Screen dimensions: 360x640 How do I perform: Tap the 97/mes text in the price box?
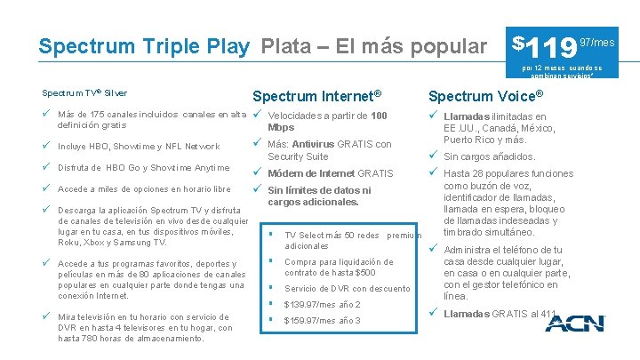pyautogui.click(x=596, y=42)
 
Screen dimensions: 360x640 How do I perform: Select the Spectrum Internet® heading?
pyautogui.click(x=316, y=96)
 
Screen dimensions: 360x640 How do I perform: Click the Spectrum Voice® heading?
pyautogui.click(x=485, y=95)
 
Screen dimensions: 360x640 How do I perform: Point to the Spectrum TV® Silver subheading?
pyautogui.click(x=84, y=92)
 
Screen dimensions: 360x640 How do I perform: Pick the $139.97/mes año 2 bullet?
pyautogui.click(x=322, y=305)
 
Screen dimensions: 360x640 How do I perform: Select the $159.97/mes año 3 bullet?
pyautogui.click(x=322, y=321)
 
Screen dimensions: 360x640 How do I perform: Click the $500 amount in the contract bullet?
pyautogui.click(x=354, y=273)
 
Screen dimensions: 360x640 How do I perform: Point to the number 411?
pyautogui.click(x=549, y=314)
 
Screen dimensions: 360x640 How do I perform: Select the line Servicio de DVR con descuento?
pyautogui.click(x=348, y=289)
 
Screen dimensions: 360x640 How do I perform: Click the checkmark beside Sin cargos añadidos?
pyautogui.click(x=433, y=156)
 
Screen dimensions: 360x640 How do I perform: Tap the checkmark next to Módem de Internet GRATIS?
pyautogui.click(x=257, y=172)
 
